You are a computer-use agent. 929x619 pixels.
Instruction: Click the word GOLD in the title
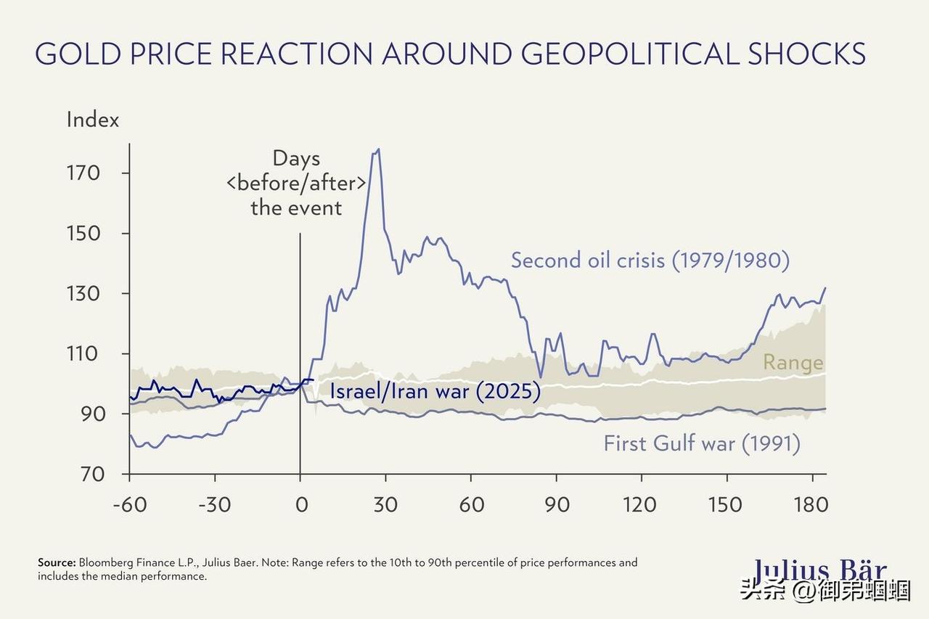(86, 54)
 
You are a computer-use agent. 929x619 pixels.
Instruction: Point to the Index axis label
(92, 119)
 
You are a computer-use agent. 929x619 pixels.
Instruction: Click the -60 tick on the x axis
(129, 504)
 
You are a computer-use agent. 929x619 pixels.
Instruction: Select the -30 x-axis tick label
(215, 504)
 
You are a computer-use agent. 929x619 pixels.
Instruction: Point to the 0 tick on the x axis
(300, 504)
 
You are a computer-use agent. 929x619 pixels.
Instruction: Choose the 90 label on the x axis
(557, 504)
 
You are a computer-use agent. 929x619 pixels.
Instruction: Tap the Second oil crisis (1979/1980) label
(650, 260)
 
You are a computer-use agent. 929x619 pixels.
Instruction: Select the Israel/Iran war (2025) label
(435, 392)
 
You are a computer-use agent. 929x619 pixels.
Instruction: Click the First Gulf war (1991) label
(702, 443)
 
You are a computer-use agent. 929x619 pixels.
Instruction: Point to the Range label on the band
(793, 362)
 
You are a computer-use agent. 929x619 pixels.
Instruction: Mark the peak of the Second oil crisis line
(378, 149)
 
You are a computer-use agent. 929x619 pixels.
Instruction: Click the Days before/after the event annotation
(296, 183)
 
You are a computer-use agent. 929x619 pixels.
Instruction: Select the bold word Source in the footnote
(57, 562)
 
